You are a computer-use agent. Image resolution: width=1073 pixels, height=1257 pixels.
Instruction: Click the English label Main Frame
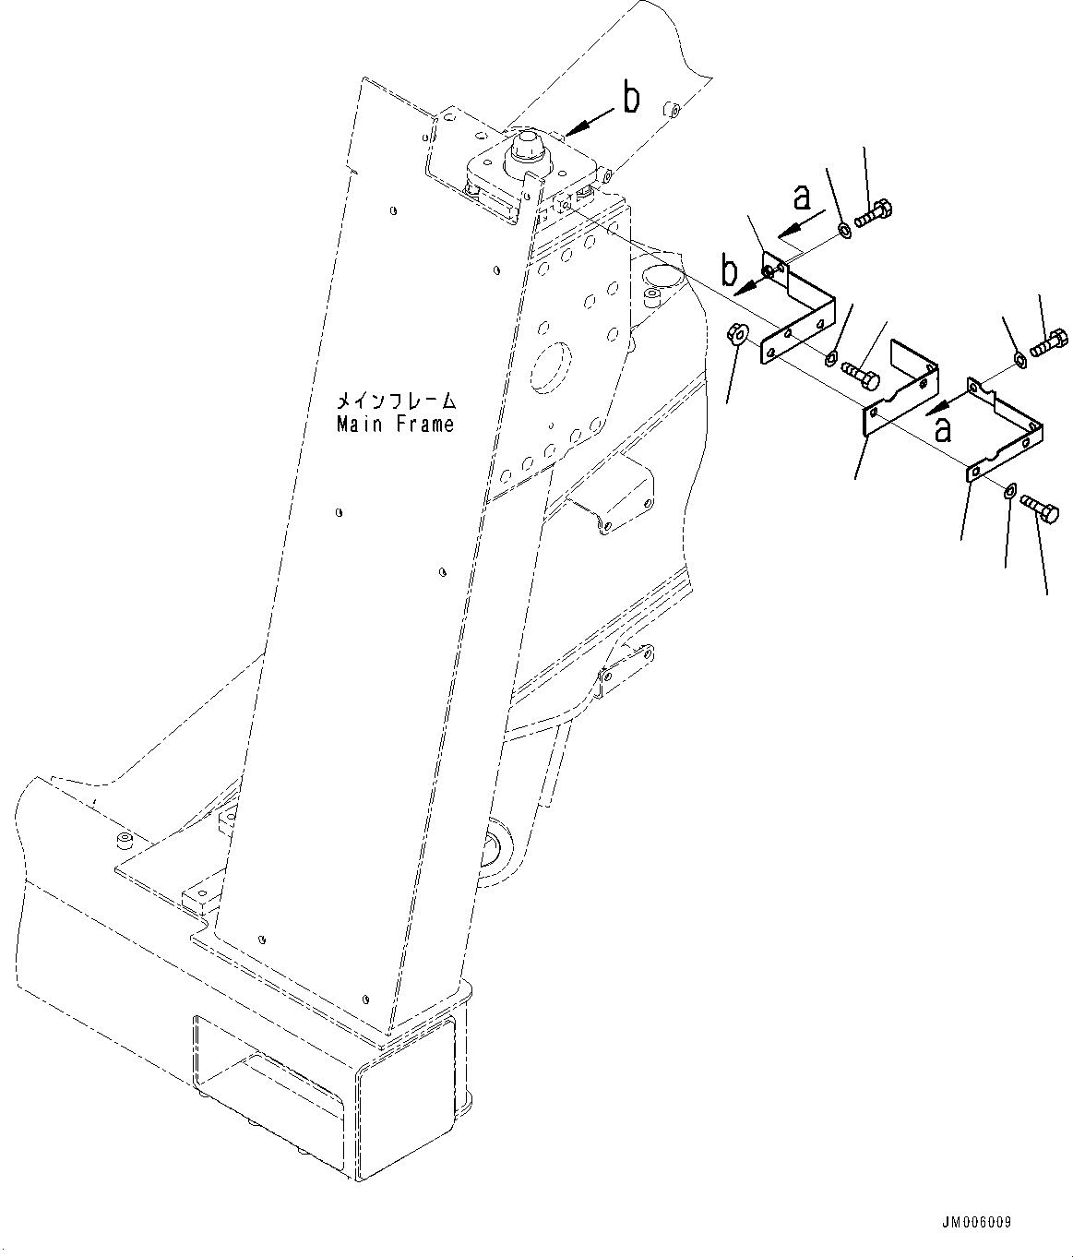pyautogui.click(x=395, y=425)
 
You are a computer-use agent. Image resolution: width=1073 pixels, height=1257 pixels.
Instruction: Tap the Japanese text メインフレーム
pyautogui.click(x=395, y=401)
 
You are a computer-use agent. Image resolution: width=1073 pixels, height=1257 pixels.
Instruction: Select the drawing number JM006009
pyautogui.click(x=978, y=1223)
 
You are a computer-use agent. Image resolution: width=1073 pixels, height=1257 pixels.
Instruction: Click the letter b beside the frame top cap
pyautogui.click(x=631, y=100)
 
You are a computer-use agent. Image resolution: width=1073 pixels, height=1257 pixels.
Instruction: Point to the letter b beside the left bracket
pyautogui.click(x=730, y=273)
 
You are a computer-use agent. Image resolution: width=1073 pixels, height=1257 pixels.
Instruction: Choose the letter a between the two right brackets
pyautogui.click(x=943, y=427)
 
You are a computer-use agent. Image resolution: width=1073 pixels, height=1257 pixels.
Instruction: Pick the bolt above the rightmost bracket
pyautogui.click(x=1049, y=343)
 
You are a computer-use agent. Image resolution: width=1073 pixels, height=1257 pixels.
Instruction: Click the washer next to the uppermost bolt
pyautogui.click(x=844, y=228)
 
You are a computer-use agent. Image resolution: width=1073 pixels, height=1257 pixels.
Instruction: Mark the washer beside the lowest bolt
pyautogui.click(x=1008, y=490)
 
